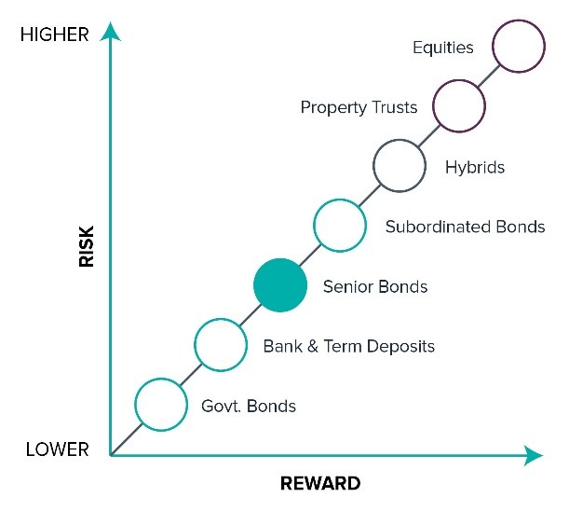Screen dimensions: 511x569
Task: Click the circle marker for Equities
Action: [x=518, y=47]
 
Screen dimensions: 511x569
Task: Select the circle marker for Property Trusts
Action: [x=459, y=106]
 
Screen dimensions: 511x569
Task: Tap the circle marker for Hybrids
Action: [x=400, y=165]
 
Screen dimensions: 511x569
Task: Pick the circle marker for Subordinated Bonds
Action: [x=339, y=226]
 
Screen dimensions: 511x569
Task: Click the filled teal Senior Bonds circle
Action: [x=280, y=285]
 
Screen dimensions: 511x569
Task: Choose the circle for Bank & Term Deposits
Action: [x=221, y=345]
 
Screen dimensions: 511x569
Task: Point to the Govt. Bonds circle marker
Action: [x=161, y=405]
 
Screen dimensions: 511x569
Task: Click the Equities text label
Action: [x=443, y=48]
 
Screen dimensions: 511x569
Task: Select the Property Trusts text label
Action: [x=359, y=107]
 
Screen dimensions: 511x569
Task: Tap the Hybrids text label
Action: [x=475, y=168]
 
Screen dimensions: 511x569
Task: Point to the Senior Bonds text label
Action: [x=375, y=286]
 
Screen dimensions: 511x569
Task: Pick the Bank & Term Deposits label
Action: [x=349, y=346]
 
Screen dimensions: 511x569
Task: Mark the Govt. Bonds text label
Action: [x=249, y=406]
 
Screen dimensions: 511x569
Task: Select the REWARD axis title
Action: [x=319, y=484]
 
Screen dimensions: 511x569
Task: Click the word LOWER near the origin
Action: [x=58, y=449]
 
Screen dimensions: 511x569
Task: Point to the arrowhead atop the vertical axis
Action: [x=111, y=33]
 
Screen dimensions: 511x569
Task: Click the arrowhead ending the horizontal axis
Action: [x=533, y=455]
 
